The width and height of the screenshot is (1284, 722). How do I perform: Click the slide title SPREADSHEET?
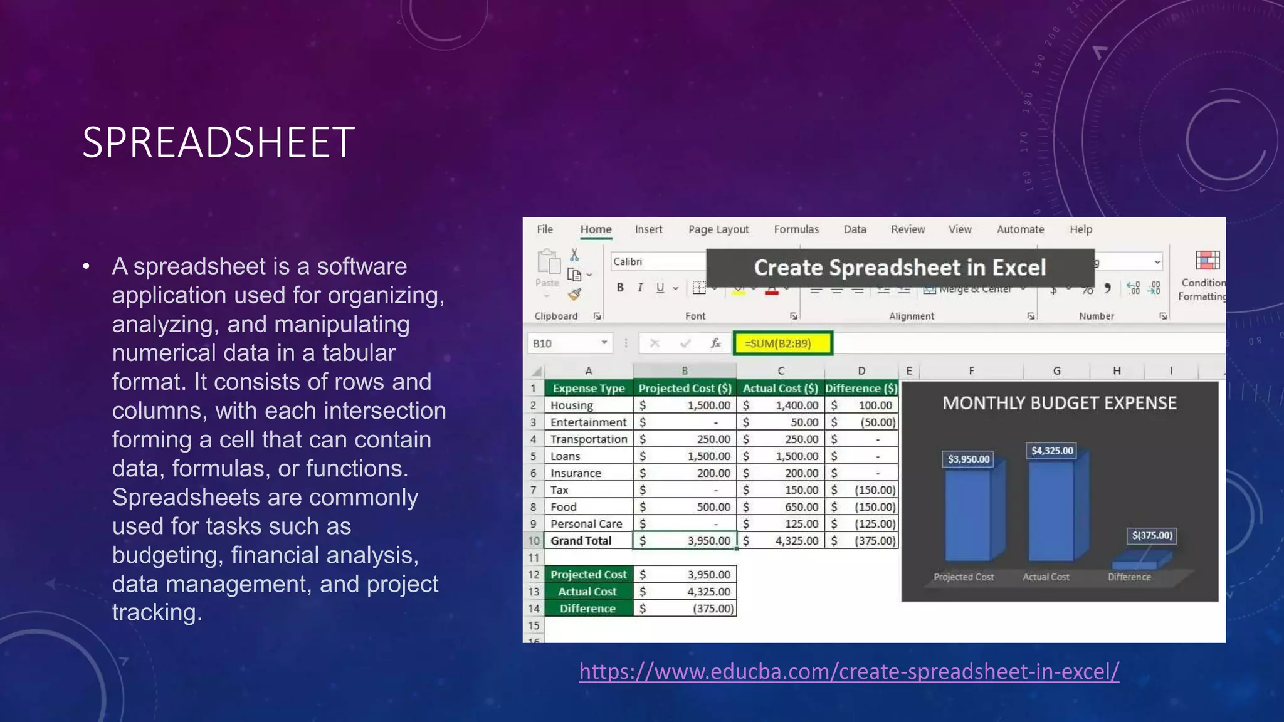[x=218, y=142]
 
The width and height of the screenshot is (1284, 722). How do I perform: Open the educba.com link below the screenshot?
[x=849, y=671]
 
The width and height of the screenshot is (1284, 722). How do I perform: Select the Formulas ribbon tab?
[x=796, y=229]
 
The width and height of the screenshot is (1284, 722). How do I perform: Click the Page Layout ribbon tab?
[x=718, y=229]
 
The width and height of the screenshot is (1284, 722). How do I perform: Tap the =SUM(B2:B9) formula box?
[x=782, y=343]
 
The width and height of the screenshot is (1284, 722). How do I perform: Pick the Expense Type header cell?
[x=589, y=389]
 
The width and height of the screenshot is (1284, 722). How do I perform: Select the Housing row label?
[x=572, y=405]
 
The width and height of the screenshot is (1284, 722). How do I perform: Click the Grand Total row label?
[x=581, y=541]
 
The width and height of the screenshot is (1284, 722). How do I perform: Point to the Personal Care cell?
[x=586, y=524]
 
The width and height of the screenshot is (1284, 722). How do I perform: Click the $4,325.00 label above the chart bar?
[x=1052, y=451]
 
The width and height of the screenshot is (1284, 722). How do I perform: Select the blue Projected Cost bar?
[x=969, y=514]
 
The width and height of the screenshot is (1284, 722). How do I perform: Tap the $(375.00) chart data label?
[x=1152, y=536]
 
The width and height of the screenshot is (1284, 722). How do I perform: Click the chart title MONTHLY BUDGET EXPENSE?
[x=1060, y=403]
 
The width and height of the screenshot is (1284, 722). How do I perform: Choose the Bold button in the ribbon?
[x=620, y=288]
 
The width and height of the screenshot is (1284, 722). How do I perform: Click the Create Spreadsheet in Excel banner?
[x=900, y=268]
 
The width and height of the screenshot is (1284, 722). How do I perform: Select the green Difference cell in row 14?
[x=588, y=609]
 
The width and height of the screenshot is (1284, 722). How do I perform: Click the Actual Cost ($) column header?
[x=780, y=389]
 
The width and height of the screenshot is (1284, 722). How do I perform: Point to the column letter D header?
[x=861, y=371]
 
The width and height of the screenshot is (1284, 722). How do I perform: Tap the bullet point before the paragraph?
[x=87, y=267]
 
